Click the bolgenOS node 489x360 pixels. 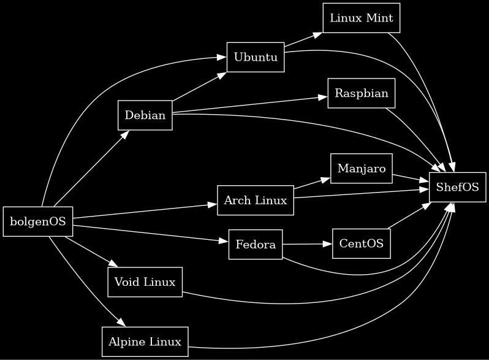coord(38,221)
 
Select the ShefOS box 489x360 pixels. coord(457,187)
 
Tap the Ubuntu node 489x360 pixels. coord(256,57)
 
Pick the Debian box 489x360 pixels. coord(145,115)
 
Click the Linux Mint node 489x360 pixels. coord(361,18)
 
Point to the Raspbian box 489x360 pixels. coord(362,93)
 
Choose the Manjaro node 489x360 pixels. coord(362,169)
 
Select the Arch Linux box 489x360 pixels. coord(256,201)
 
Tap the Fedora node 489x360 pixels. coord(256,245)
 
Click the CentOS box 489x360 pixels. coord(362,243)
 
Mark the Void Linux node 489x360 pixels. coord(145,282)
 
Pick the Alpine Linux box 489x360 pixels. coord(145,342)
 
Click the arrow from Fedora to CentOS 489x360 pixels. coord(307,244)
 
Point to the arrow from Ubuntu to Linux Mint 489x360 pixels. coord(303,39)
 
